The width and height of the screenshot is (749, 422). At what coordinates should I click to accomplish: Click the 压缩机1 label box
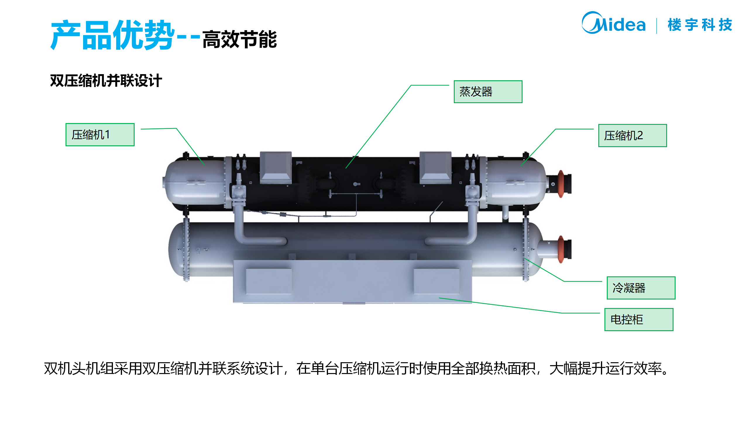(100, 135)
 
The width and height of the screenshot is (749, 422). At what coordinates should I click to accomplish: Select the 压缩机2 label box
(633, 135)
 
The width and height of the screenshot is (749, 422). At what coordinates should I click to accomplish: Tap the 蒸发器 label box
(488, 92)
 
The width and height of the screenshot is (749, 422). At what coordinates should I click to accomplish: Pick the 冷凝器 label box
(641, 288)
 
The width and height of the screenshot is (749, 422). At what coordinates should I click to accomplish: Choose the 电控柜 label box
(639, 319)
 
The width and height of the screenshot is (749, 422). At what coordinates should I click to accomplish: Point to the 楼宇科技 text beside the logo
(700, 25)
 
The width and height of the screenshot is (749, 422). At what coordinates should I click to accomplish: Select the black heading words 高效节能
(240, 39)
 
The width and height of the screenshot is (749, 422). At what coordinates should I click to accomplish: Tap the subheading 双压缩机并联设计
(106, 81)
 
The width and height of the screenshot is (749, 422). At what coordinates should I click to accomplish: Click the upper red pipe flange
(561, 184)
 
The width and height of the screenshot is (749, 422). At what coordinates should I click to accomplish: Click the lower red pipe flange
(561, 249)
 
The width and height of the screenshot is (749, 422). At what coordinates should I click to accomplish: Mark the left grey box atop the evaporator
(276, 167)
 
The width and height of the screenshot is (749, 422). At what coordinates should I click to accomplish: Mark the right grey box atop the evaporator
(436, 167)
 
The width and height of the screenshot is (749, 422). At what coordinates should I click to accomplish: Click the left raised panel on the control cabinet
(269, 281)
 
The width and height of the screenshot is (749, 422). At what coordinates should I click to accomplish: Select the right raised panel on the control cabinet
(436, 281)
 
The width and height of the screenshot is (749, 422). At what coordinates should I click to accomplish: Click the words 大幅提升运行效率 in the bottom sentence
(605, 368)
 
